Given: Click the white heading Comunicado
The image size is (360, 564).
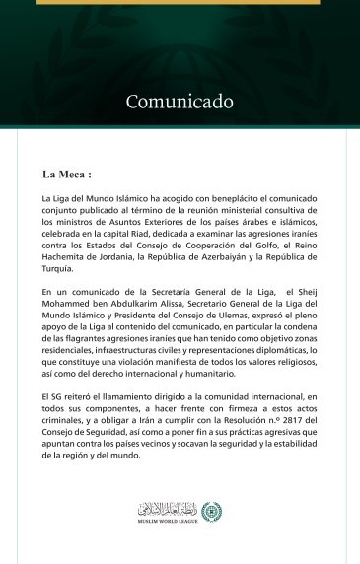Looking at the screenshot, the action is point(179,102).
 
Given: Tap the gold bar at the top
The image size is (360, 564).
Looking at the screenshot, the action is point(179,2).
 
